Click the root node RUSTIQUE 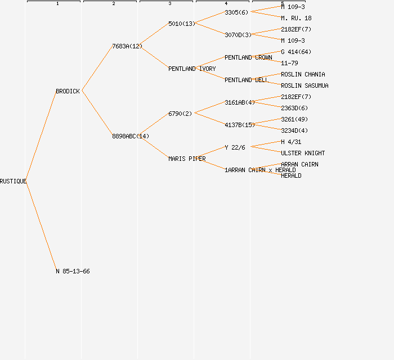coord(13,181)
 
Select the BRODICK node coord(68,91)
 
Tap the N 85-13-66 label coord(73,271)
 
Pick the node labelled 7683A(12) coord(127,46)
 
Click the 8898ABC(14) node coord(130,136)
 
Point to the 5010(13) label coord(181,24)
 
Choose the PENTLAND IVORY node coord(191,69)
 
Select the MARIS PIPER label coord(186,159)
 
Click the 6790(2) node coord(180,114)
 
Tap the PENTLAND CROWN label coord(248,57)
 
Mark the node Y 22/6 coord(235,147)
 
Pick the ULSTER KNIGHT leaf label coord(303,153)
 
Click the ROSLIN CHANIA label coord(303,74)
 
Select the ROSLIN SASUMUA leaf coord(305,85)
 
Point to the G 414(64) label coord(296,52)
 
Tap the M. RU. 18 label coord(296,18)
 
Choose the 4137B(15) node coord(239,125)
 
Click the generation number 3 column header coord(169,4)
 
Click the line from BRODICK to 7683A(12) coord(97,69)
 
